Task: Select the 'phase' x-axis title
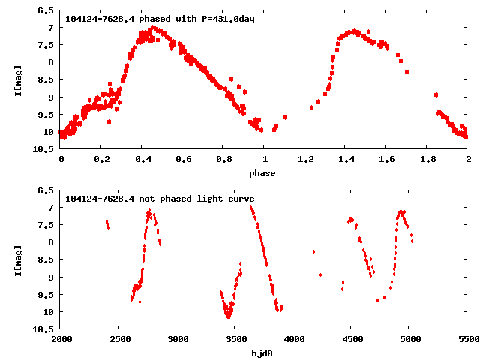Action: [x=263, y=173]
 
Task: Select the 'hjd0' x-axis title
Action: [x=263, y=353]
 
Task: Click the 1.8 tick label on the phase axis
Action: [x=427, y=160]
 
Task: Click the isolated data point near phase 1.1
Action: [x=285, y=117]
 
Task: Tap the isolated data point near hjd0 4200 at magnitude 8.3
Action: [x=313, y=251]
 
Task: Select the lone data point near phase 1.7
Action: [x=406, y=71]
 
